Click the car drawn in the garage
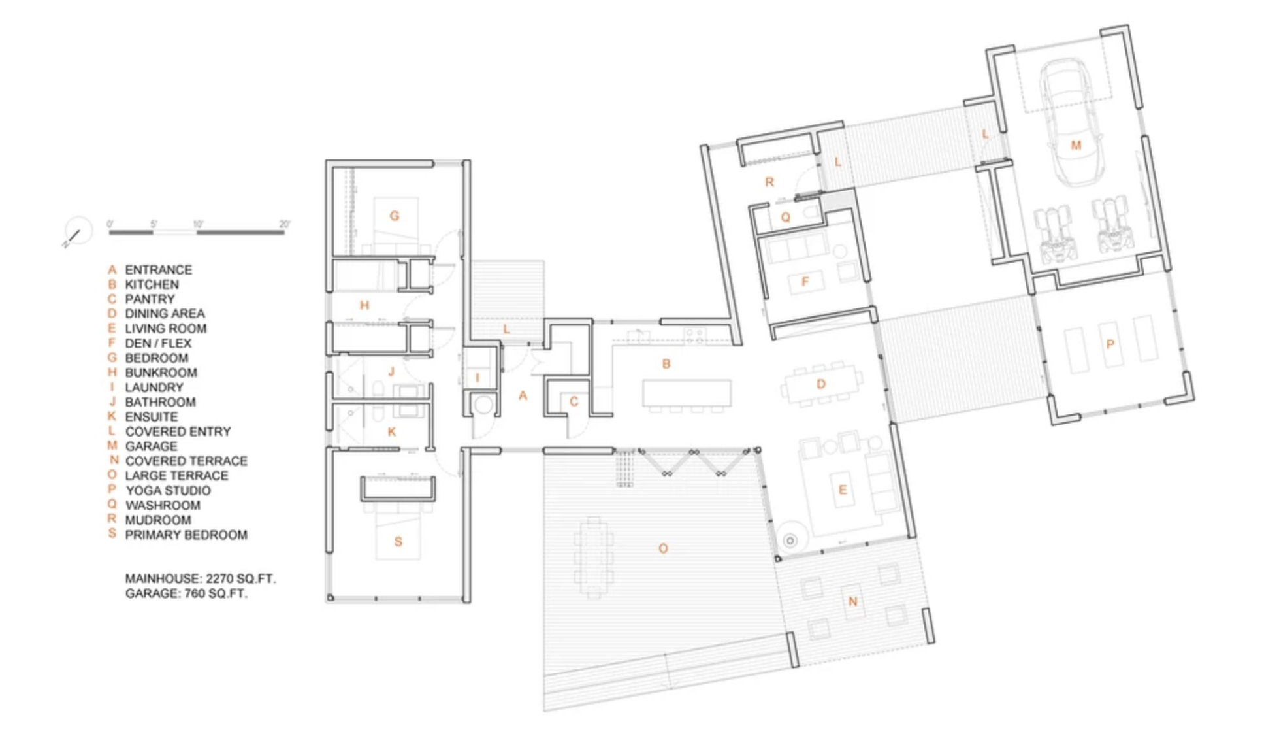1067,123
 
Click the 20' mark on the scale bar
284,224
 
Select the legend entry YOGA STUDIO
168,491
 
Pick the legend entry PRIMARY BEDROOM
186,535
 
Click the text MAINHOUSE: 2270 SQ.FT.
201,579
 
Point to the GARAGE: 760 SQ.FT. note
186,594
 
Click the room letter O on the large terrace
663,549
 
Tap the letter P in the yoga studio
1110,344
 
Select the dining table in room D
821,384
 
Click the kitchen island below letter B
687,393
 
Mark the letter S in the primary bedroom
398,542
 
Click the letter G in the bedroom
395,216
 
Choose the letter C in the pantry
574,402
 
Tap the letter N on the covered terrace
852,601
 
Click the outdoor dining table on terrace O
594,558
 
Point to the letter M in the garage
1076,145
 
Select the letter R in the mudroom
769,182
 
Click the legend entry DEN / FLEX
159,343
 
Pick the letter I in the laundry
477,378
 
